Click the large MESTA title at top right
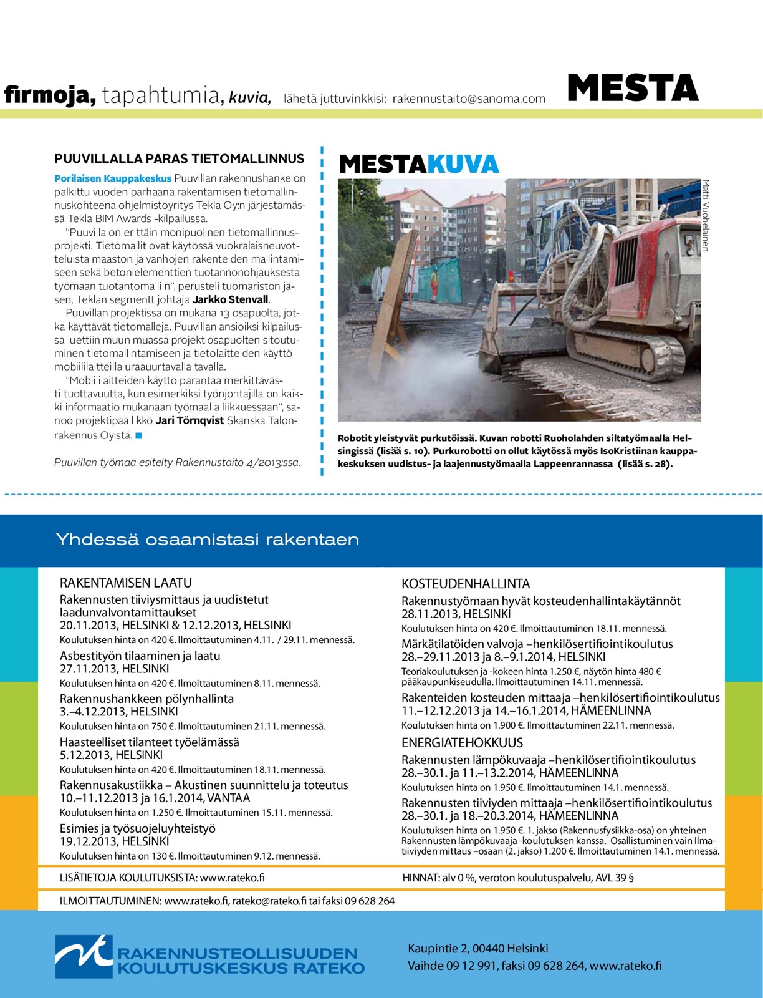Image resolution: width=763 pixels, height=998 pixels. click(633, 88)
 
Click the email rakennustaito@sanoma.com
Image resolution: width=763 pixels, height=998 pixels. click(469, 99)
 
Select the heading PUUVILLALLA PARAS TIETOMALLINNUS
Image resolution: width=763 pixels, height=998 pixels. click(180, 158)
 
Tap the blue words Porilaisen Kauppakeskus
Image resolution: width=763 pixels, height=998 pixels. click(113, 178)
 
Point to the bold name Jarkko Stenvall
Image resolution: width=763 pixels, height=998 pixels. click(231, 299)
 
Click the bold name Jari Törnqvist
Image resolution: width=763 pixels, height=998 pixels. click(190, 420)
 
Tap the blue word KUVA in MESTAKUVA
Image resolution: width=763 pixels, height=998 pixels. click(463, 164)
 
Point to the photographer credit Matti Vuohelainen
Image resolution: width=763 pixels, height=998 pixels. click(706, 215)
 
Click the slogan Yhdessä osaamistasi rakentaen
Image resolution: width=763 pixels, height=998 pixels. click(208, 540)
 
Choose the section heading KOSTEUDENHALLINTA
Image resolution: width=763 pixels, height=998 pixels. click(466, 584)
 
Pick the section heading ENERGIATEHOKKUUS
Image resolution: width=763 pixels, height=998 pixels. click(462, 743)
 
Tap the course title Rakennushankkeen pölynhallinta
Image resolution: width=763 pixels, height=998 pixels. click(146, 699)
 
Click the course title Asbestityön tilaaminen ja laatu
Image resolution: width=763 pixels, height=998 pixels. click(140, 656)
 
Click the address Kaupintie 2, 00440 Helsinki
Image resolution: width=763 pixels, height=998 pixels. click(477, 949)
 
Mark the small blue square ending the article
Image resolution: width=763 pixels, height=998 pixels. click(139, 435)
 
